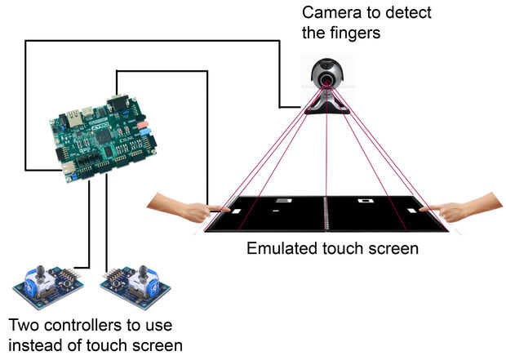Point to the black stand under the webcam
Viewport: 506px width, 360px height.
[x=326, y=109]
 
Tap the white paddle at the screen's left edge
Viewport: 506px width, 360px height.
[x=235, y=211]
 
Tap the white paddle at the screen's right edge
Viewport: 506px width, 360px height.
[x=422, y=209]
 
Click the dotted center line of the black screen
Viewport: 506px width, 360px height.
[x=326, y=214]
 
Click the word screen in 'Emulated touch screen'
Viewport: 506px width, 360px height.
[x=396, y=247]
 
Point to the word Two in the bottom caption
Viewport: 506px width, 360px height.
[x=19, y=323]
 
